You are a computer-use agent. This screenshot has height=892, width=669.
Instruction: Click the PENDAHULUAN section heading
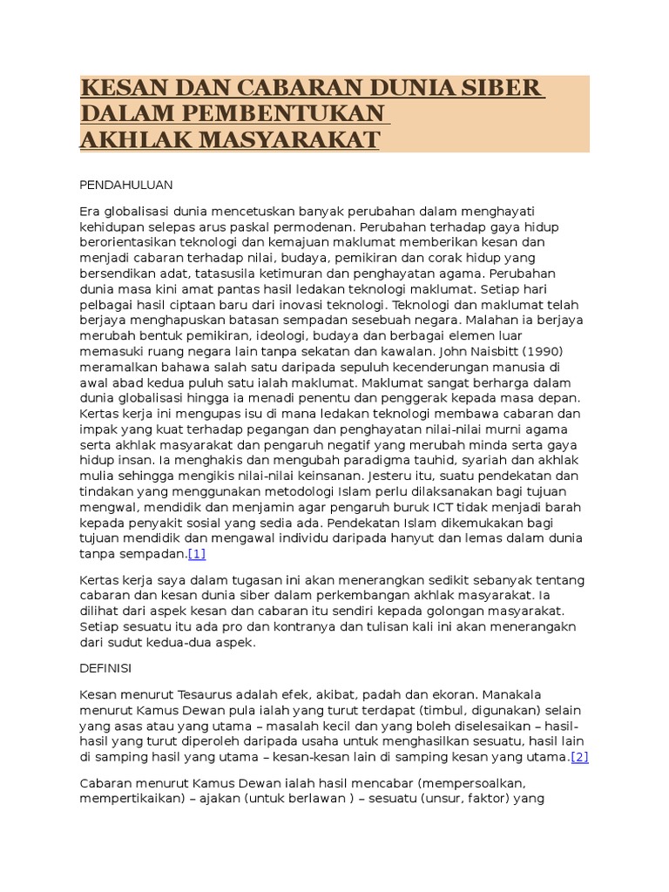(126, 186)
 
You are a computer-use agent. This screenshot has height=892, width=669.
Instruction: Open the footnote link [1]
(197, 554)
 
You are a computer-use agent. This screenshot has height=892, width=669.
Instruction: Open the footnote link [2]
(580, 757)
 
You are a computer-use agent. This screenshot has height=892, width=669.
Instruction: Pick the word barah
(564, 508)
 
